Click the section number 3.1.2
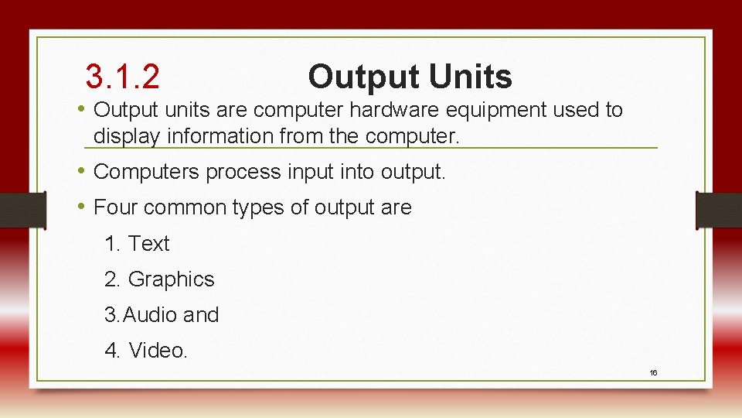coord(123,77)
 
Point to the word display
coord(126,137)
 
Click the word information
coord(219,137)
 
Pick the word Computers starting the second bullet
coord(146,172)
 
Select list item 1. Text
coord(137,244)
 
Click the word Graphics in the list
coord(171,279)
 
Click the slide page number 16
coord(653,373)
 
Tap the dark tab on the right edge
coord(719,210)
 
